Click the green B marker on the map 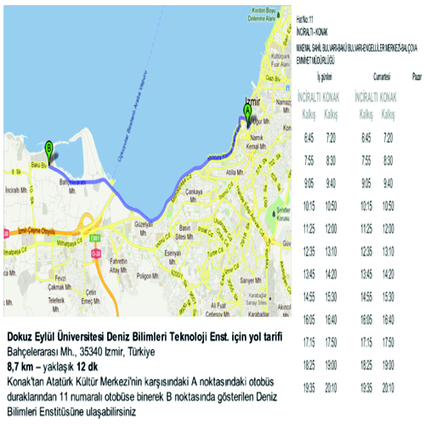49,147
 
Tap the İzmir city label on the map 251,99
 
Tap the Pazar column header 417,76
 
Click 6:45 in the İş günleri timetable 309,137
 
